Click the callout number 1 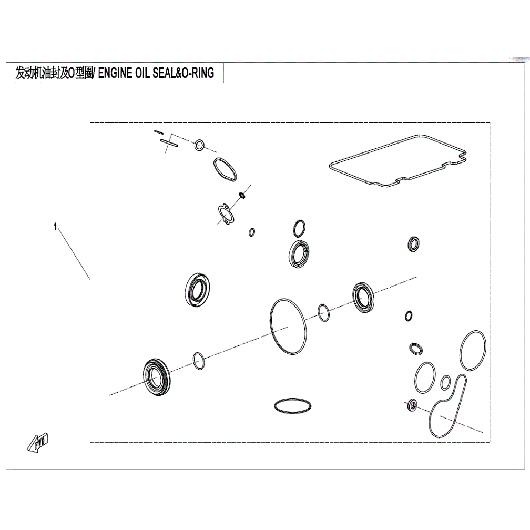pos(55,227)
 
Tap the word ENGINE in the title pos(115,73)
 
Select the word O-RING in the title pos(198,73)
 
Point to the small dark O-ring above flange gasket pos(242,195)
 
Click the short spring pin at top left pos(159,132)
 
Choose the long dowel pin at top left pos(169,143)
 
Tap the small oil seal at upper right pos(413,244)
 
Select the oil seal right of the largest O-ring pos(363,297)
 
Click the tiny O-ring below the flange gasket pos(251,232)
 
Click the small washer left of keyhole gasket pos(412,405)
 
